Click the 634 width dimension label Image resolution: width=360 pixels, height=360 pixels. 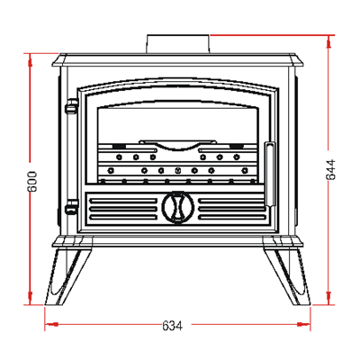point(172,326)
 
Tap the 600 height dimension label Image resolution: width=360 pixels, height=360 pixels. point(32,182)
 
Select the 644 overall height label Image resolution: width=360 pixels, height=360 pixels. point(331,169)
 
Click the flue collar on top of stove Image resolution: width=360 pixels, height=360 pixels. point(178,44)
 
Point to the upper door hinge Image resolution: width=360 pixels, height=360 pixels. point(72,106)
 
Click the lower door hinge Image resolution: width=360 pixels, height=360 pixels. point(72,207)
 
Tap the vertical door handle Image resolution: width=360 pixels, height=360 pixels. point(269,175)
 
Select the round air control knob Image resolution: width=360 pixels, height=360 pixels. point(178,207)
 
